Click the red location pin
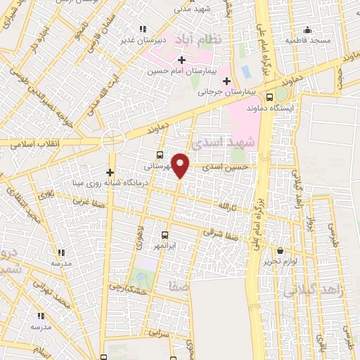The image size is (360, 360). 181,165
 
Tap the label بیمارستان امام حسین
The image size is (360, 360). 181,71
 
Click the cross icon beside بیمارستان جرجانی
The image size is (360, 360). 226,80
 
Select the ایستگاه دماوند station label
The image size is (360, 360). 275,109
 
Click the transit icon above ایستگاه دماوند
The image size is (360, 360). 271,98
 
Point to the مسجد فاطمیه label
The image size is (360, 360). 308,40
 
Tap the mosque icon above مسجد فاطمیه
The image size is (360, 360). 307,30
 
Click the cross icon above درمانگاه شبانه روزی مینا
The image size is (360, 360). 110,172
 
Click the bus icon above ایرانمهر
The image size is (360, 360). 165,236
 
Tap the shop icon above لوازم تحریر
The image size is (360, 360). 281,250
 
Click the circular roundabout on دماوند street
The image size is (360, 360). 112,141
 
